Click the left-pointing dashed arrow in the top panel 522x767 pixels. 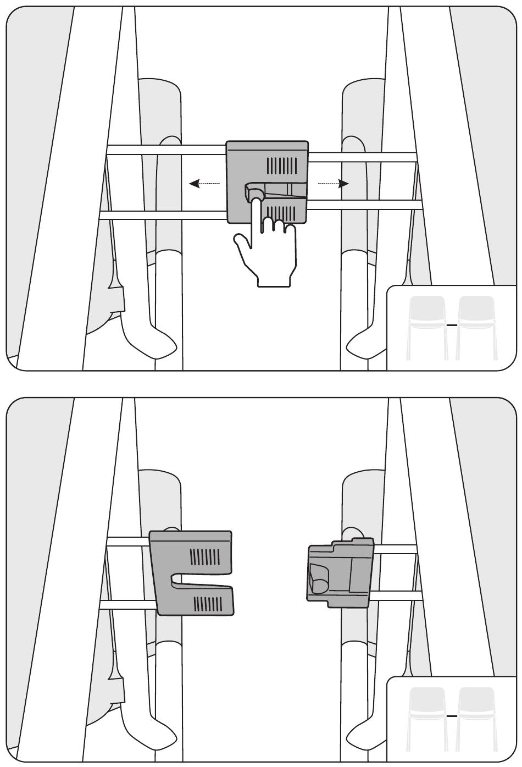(204, 184)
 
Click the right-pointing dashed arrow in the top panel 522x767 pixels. (334, 184)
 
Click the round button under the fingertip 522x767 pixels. (254, 194)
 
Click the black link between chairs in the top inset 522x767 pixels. (452, 325)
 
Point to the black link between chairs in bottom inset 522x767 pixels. (452, 716)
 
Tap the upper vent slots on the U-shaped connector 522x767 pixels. (206, 557)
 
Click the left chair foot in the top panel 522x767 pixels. (148, 338)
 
